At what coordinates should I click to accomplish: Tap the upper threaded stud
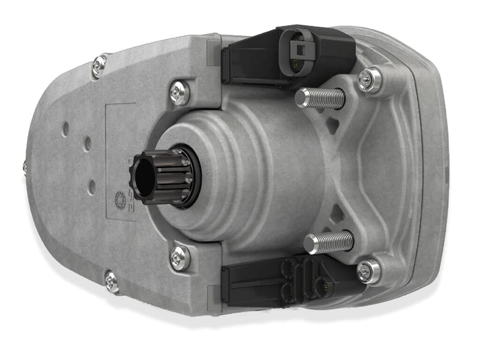pyautogui.click(x=321, y=97)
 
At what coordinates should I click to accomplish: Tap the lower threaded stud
pyautogui.click(x=329, y=242)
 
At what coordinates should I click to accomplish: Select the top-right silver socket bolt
pyautogui.click(x=370, y=79)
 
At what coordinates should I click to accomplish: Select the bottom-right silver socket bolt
pyautogui.click(x=368, y=271)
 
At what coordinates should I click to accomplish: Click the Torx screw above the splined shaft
pyautogui.click(x=179, y=92)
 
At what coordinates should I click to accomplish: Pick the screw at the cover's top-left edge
pyautogui.click(x=99, y=65)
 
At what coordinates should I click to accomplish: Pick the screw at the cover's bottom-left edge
pyautogui.click(x=112, y=281)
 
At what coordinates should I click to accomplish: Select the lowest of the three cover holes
pyautogui.click(x=91, y=187)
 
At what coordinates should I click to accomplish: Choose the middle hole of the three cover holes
pyautogui.click(x=88, y=144)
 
